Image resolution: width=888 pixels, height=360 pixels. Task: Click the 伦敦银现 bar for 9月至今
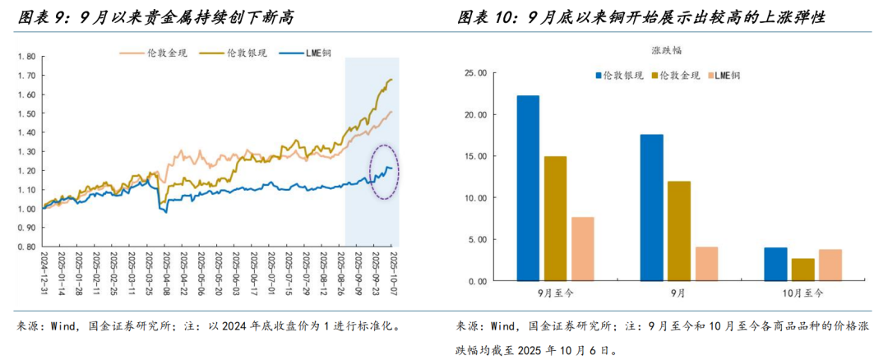[x=528, y=188]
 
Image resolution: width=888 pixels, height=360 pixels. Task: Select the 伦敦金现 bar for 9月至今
[x=555, y=219]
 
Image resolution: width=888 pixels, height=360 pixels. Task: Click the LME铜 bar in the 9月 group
[x=705, y=264]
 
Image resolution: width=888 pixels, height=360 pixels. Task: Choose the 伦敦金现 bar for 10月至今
[x=802, y=270]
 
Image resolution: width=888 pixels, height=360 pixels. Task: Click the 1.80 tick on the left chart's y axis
[x=26, y=57]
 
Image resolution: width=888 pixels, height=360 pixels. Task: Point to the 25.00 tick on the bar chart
[x=476, y=73]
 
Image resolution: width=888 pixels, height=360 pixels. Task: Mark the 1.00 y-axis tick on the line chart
[x=26, y=208]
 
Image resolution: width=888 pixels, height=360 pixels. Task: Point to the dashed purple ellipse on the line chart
[x=384, y=171]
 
